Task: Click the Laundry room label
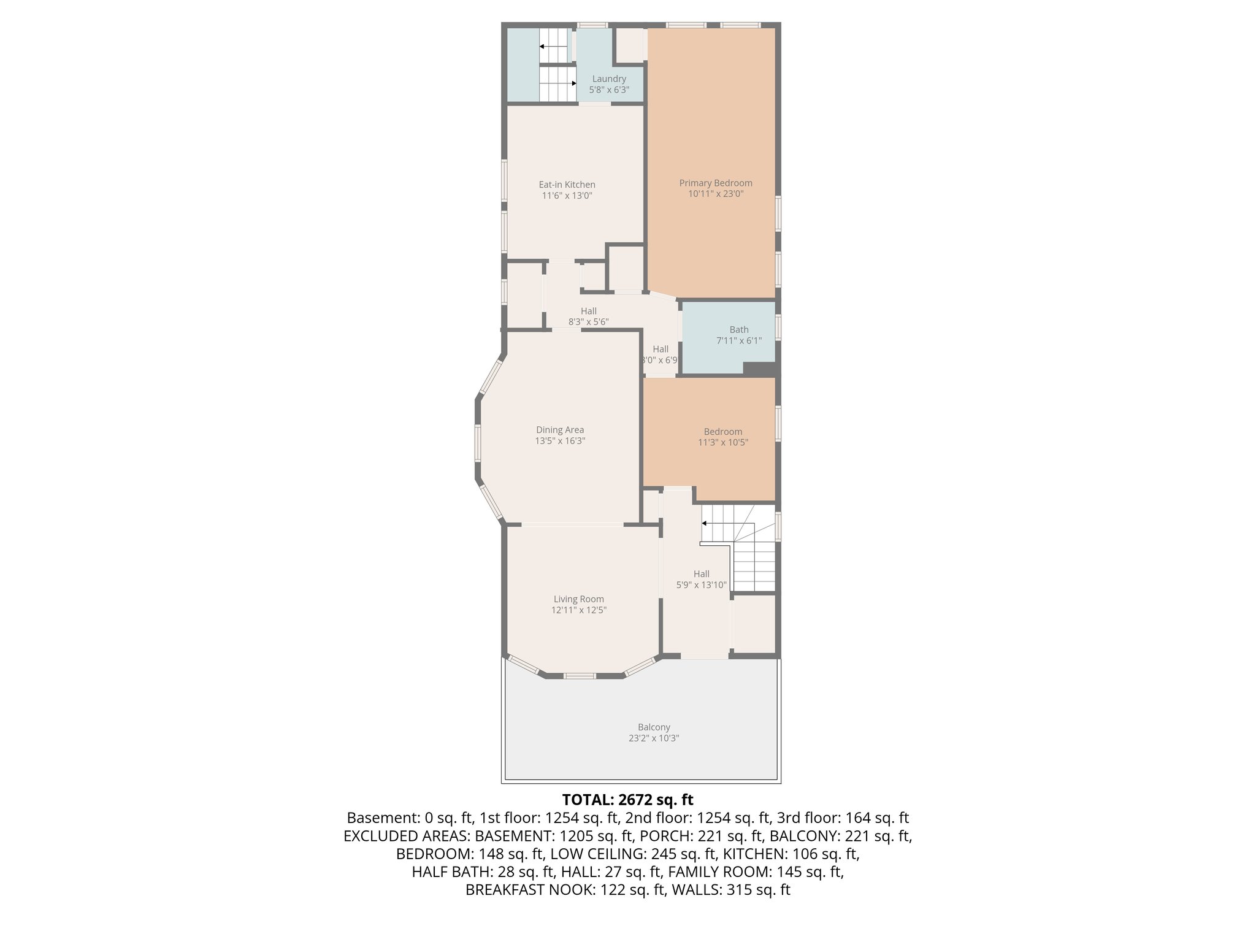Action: pos(609,79)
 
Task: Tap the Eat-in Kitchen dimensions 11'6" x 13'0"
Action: pos(567,196)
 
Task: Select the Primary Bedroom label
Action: pos(715,183)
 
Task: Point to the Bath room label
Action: pos(738,329)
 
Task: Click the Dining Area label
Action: pos(559,430)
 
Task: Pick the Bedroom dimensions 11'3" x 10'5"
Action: pos(722,442)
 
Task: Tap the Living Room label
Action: pos(578,599)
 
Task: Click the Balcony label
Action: pos(653,727)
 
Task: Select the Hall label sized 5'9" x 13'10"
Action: pos(701,574)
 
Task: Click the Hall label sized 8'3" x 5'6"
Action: pos(588,311)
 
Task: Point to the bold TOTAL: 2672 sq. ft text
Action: pos(627,800)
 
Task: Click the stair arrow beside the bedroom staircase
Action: pos(705,523)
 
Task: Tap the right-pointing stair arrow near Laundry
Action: pos(573,83)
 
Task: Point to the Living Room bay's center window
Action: pos(579,676)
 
